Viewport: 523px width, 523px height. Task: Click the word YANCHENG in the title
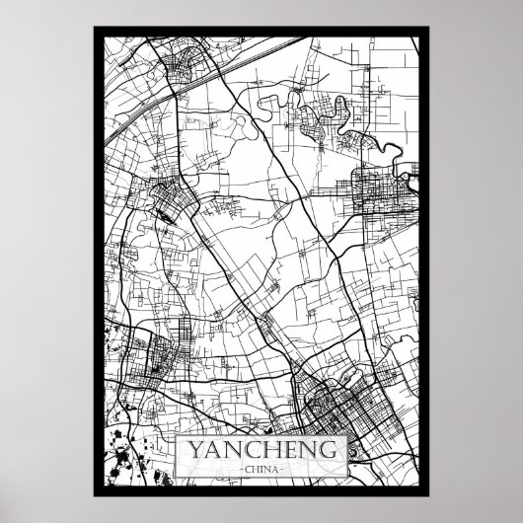click(261, 450)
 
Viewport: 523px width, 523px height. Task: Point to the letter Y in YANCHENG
click(186, 450)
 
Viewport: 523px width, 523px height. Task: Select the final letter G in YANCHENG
click(337, 450)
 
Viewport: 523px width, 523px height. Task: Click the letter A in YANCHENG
click(206, 450)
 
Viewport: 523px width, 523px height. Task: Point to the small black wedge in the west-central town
click(160, 209)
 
